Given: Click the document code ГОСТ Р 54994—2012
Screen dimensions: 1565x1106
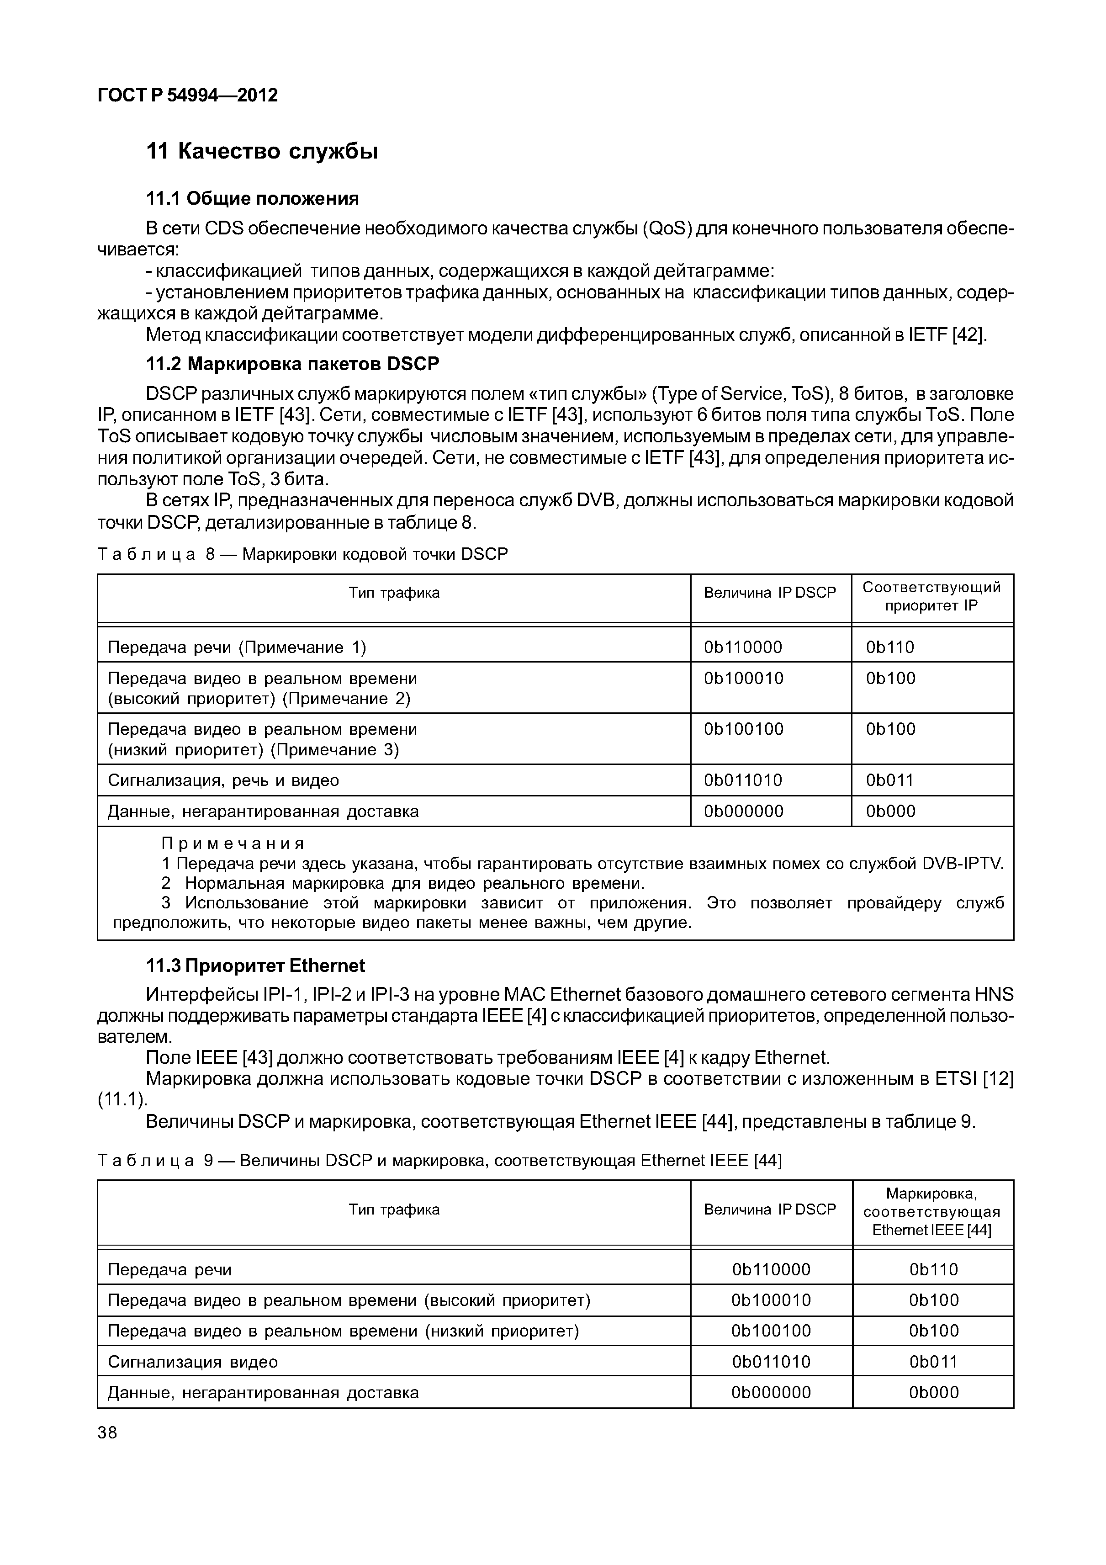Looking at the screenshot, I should [187, 95].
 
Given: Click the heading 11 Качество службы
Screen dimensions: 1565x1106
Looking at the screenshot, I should [262, 151].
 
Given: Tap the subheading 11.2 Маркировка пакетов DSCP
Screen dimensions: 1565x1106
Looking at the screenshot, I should [293, 364].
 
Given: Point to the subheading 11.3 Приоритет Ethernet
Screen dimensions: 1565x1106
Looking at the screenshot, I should [255, 966].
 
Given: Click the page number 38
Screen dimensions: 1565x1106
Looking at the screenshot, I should [108, 1433].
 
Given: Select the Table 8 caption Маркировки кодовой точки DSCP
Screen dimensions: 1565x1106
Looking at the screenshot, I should [375, 554].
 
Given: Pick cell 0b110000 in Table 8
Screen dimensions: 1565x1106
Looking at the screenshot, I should [743, 647].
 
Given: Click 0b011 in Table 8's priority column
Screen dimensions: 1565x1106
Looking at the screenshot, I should [889, 780].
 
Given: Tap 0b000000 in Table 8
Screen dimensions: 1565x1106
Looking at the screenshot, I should [743, 811].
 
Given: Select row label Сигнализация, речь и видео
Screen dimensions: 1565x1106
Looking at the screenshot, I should [223, 780].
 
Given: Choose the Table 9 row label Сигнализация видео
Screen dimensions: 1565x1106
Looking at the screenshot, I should [193, 1362].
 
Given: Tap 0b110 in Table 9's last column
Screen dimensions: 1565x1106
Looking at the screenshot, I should [933, 1270].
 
